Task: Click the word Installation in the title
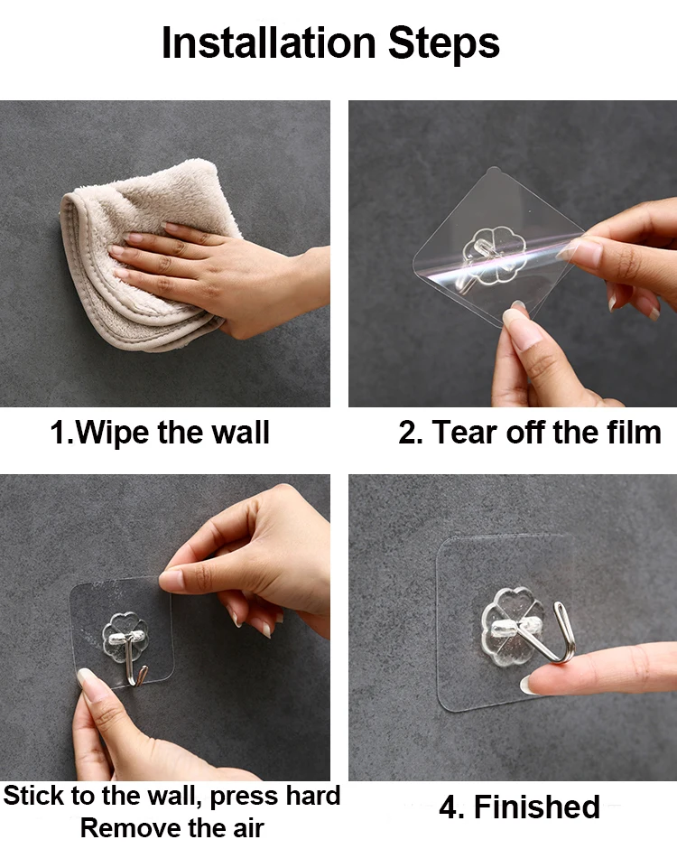pyautogui.click(x=268, y=42)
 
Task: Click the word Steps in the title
pyautogui.click(x=444, y=42)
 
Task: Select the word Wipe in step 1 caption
pyautogui.click(x=111, y=433)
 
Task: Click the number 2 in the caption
pyautogui.click(x=407, y=434)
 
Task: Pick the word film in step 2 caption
pyautogui.click(x=635, y=432)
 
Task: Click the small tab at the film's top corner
pyautogui.click(x=491, y=172)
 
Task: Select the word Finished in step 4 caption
pyautogui.click(x=537, y=807)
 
